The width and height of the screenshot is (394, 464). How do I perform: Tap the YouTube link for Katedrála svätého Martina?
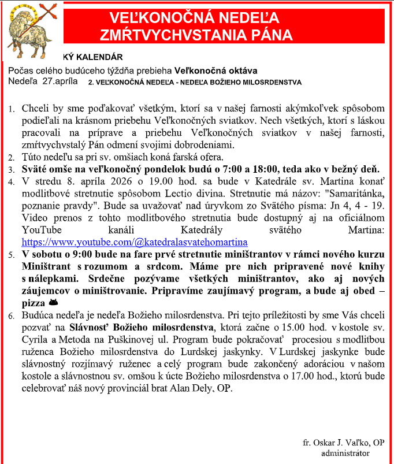click(135, 242)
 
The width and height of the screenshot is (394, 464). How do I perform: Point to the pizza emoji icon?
click(53, 302)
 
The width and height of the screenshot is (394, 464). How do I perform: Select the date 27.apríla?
click(60, 81)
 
